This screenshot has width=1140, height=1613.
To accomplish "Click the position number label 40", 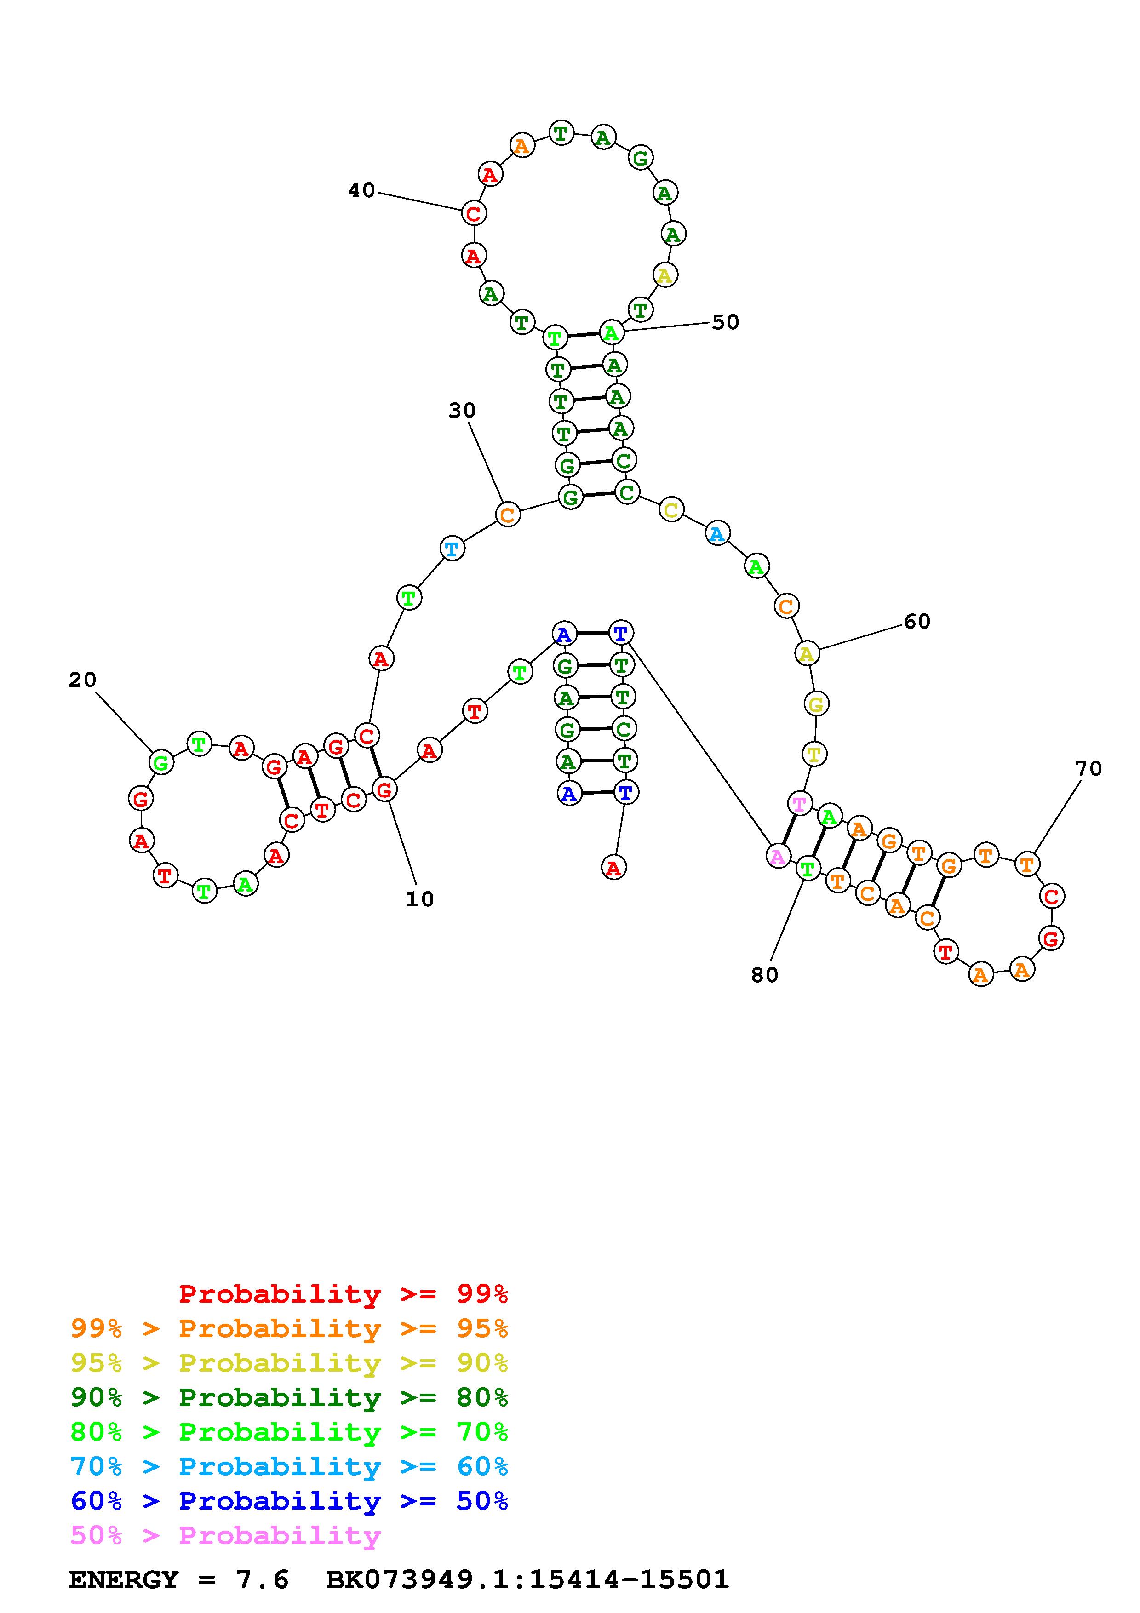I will click(x=362, y=190).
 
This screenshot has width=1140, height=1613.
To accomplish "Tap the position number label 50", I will click(x=726, y=322).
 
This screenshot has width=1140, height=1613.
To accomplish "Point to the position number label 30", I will click(x=462, y=410).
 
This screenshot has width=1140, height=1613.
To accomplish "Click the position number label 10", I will click(x=420, y=898).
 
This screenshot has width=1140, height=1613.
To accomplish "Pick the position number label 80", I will click(x=765, y=974).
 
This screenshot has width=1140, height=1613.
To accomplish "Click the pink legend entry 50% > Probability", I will click(x=225, y=1535).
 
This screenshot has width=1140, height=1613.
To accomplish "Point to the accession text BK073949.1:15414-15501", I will click(x=527, y=1579).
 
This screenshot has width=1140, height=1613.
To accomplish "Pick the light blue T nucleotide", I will click(x=453, y=548).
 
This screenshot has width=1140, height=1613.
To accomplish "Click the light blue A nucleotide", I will click(x=716, y=535).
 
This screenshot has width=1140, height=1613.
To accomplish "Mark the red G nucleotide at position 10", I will click(x=384, y=789).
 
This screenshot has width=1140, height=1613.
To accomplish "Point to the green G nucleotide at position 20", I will click(x=161, y=762).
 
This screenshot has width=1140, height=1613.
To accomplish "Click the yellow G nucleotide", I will click(x=815, y=703).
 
